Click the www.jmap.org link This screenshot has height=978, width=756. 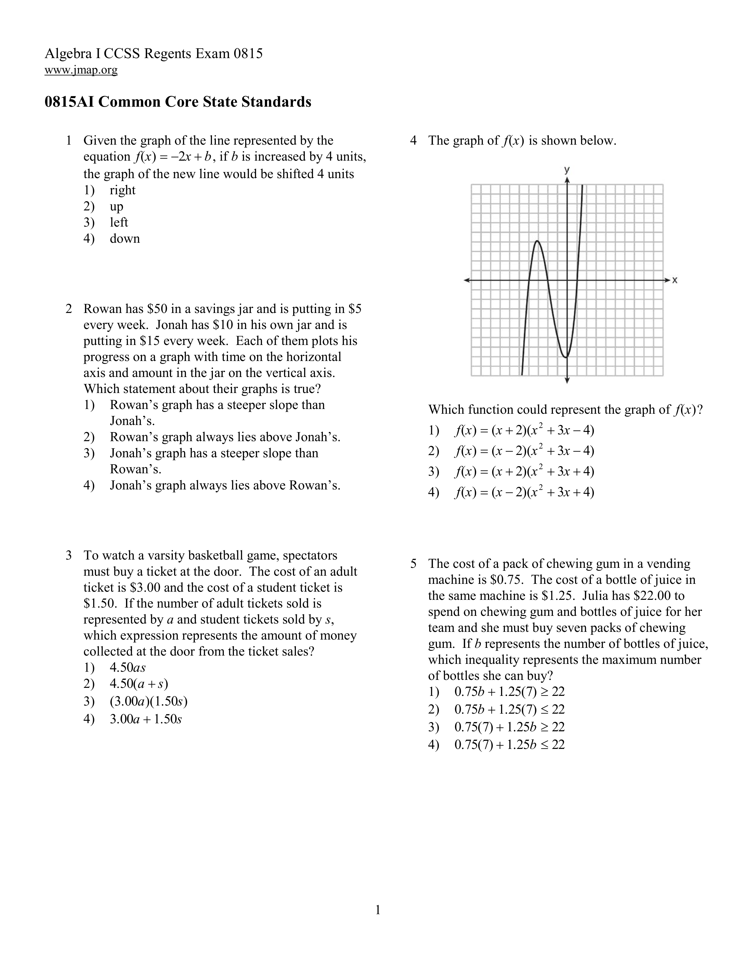coord(81,70)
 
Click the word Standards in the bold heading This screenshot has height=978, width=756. coord(276,102)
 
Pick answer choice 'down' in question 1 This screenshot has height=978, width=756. coord(125,239)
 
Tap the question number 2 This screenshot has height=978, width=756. coord(68,309)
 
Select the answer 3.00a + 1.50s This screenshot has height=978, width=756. coord(146,720)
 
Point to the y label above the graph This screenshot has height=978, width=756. coord(567,169)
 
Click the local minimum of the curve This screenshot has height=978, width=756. coord(566,357)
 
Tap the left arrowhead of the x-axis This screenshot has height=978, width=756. coord(466,280)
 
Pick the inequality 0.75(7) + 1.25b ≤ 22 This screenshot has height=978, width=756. coord(510,745)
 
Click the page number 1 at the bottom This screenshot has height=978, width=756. coord(377,910)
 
